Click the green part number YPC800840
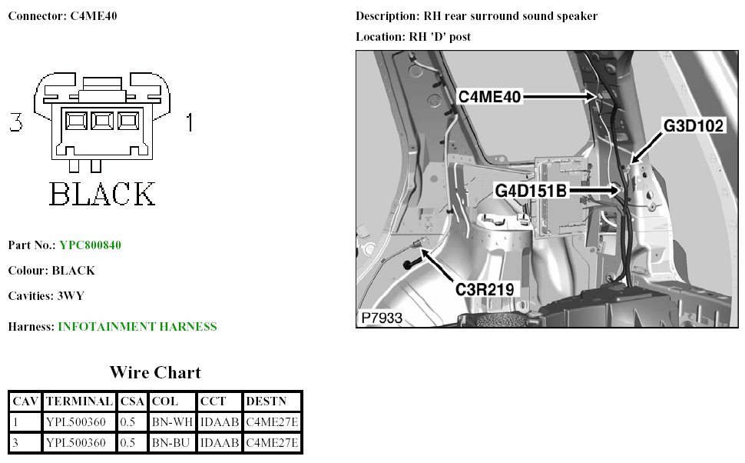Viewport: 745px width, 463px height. (90, 245)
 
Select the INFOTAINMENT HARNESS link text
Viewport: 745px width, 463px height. (137, 327)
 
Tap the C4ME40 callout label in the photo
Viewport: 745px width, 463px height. (491, 96)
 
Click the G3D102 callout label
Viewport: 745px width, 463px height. (694, 126)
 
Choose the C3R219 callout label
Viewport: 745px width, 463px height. (485, 289)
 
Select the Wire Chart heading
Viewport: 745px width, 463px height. (155, 373)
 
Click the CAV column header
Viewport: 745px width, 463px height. (26, 401)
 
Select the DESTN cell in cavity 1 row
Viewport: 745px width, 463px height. (272, 422)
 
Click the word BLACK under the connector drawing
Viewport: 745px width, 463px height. (102, 193)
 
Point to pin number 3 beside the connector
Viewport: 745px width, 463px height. (15, 122)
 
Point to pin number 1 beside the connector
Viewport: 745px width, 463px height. (189, 122)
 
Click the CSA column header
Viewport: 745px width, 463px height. (132, 401)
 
